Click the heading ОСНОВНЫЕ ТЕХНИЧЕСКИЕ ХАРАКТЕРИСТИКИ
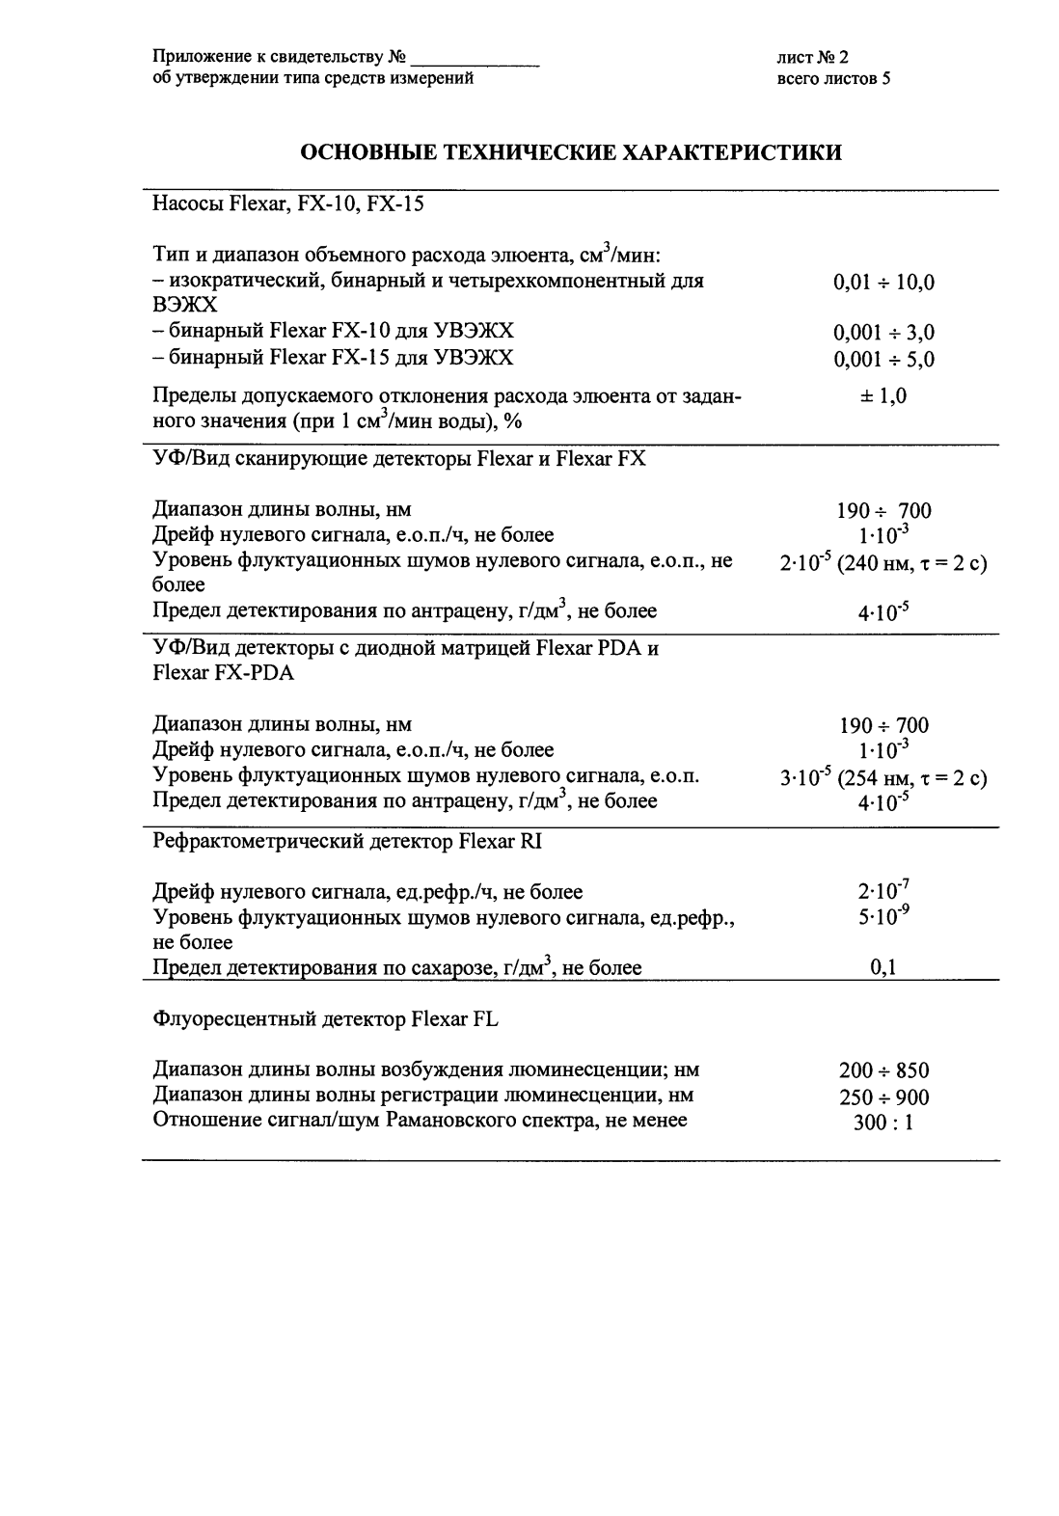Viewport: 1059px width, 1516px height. (571, 152)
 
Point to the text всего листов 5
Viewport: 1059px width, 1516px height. (832, 79)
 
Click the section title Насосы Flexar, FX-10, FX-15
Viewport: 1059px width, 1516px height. (288, 204)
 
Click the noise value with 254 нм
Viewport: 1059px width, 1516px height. (882, 778)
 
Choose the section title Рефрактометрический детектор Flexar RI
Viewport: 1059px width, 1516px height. (347, 842)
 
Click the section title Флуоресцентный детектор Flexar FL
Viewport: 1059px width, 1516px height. (325, 1018)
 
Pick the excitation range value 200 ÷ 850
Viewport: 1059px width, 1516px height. (883, 1070)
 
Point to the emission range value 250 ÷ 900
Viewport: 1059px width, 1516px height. (883, 1096)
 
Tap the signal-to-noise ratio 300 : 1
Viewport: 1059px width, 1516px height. (883, 1123)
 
